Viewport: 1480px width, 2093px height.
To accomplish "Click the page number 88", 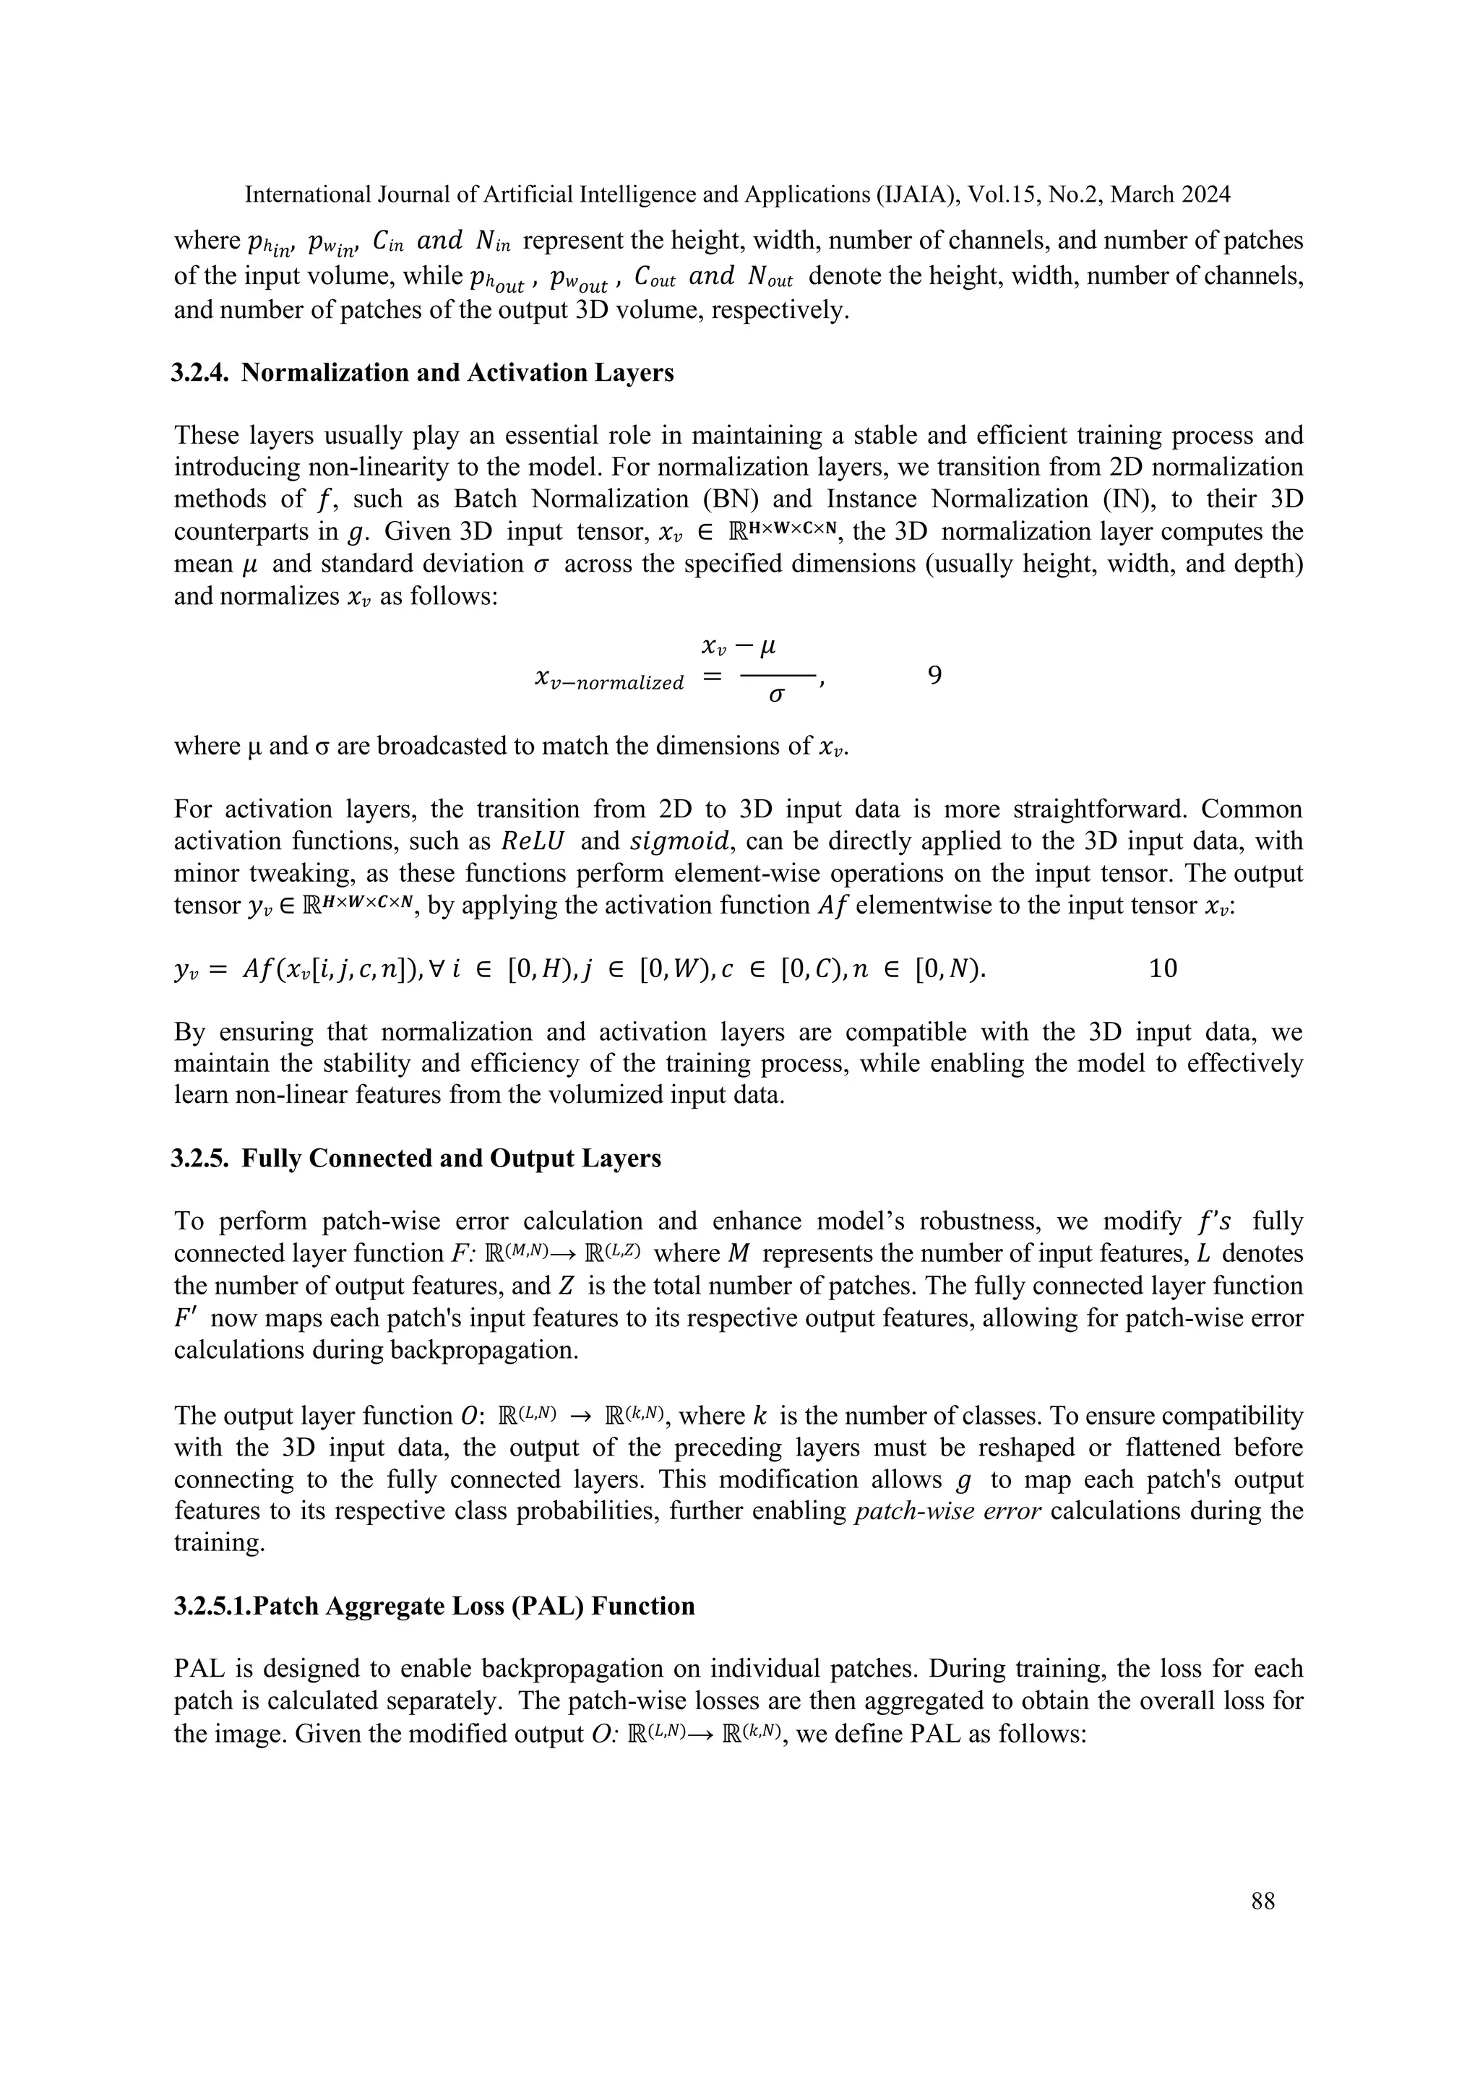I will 1262,1901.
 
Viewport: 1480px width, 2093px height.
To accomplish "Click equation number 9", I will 934,676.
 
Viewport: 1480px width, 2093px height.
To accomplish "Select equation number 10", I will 1163,968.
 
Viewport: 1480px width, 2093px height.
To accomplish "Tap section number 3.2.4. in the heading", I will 202,373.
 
